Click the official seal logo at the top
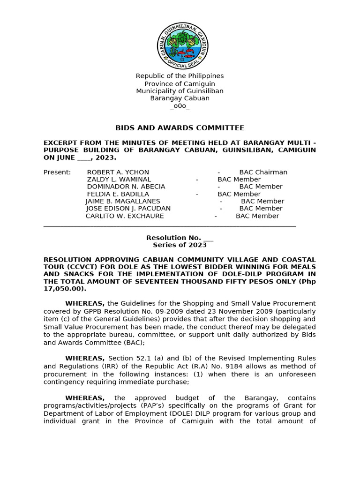point(182,46)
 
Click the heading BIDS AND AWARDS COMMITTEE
point(180,128)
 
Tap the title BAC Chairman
point(263,172)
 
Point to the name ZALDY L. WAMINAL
point(119,180)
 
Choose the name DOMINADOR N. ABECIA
point(126,187)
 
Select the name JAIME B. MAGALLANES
point(123,201)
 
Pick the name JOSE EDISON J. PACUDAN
point(128,209)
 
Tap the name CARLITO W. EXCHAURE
point(125,216)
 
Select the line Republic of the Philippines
point(180,76)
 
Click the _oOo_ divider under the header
point(180,106)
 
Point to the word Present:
point(57,172)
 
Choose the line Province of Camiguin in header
point(180,83)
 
